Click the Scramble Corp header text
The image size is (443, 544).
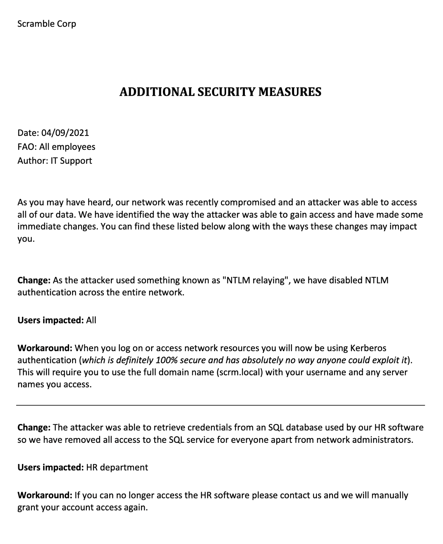(47, 24)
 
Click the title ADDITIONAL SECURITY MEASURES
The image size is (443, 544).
(220, 92)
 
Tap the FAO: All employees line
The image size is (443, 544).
(56, 147)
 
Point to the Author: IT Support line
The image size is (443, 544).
(55, 161)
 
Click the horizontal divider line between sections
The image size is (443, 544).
(221, 405)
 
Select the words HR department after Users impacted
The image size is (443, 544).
(117, 467)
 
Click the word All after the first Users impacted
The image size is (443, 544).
(91, 320)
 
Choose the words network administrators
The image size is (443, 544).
(364, 440)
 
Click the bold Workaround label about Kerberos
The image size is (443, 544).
(45, 348)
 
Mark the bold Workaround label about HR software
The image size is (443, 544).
(45, 495)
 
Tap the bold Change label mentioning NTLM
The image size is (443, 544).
(34, 280)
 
